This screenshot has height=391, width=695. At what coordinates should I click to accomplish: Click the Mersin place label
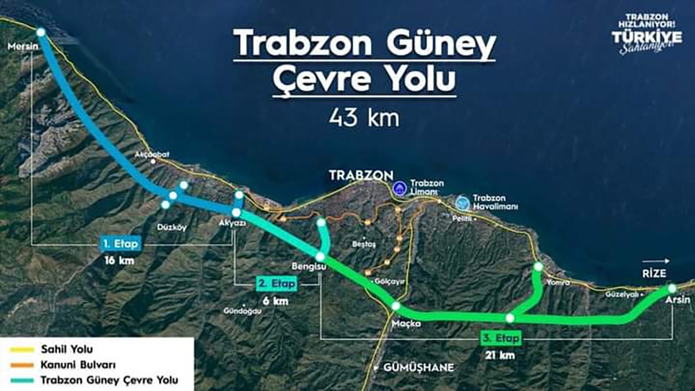[19, 45]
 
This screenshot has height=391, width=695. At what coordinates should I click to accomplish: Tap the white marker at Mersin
[41, 33]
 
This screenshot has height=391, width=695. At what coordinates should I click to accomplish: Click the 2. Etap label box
[277, 284]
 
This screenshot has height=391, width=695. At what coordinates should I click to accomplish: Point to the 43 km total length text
[364, 118]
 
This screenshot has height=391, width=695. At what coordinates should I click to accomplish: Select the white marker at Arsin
[672, 288]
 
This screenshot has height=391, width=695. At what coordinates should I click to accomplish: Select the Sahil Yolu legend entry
[66, 349]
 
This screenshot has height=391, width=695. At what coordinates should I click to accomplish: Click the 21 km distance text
[500, 355]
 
